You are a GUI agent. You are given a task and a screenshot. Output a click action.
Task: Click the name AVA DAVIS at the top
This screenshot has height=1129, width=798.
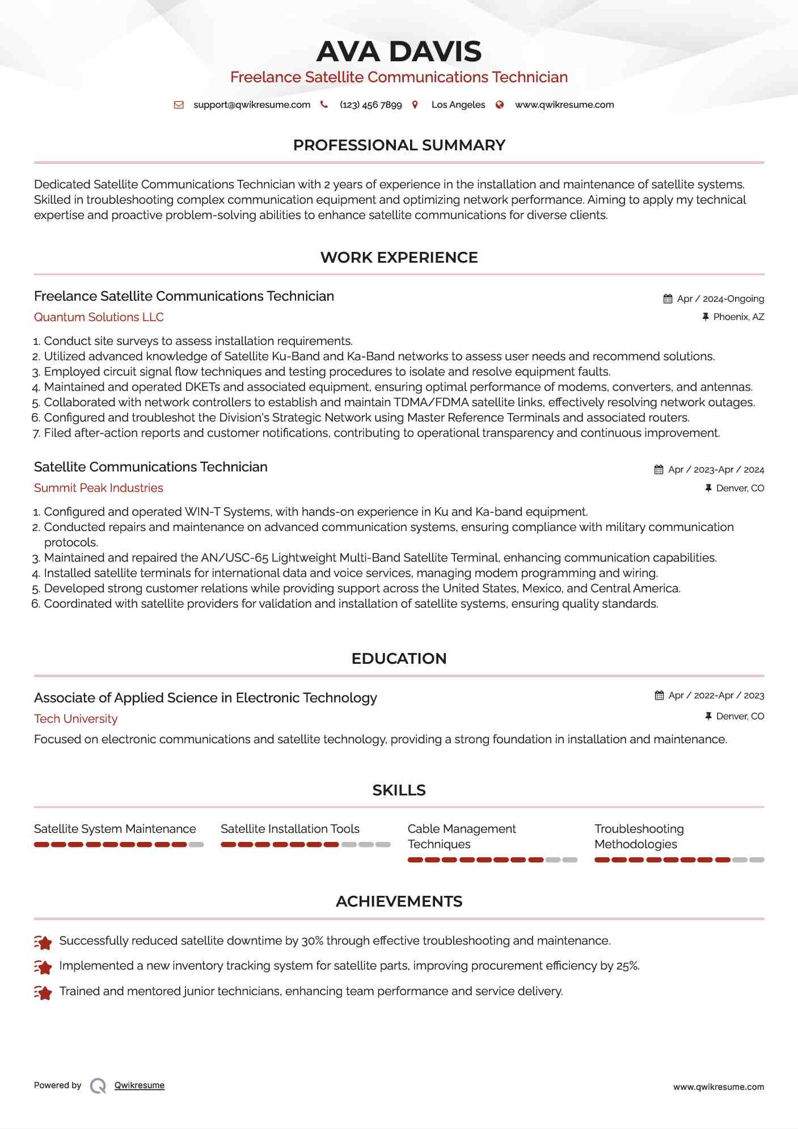pyautogui.click(x=399, y=52)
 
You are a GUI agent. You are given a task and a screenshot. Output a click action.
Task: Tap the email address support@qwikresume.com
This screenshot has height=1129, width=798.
pyautogui.click(x=252, y=105)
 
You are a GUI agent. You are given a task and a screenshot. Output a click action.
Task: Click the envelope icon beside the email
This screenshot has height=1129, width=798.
pyautogui.click(x=179, y=105)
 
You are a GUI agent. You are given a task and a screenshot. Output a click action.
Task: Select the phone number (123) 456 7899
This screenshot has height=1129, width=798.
pyautogui.click(x=370, y=105)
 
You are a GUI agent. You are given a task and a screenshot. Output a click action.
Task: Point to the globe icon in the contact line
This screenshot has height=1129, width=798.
pyautogui.click(x=500, y=105)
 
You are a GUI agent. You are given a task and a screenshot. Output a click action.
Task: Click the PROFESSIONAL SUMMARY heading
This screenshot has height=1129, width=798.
pyautogui.click(x=399, y=145)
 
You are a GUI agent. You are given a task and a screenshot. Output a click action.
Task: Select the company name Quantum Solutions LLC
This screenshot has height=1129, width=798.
pyautogui.click(x=99, y=317)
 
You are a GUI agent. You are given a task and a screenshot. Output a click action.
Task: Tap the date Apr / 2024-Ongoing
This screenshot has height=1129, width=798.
pyautogui.click(x=720, y=299)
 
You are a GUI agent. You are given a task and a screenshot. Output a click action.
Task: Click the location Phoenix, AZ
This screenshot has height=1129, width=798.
pyautogui.click(x=738, y=317)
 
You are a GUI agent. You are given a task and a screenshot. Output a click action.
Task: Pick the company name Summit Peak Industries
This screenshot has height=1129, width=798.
pyautogui.click(x=99, y=488)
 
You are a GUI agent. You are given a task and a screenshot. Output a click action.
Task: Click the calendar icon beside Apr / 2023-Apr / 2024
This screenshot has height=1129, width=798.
pyautogui.click(x=658, y=470)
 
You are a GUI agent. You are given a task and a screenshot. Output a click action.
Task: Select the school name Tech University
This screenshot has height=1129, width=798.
pyautogui.click(x=76, y=719)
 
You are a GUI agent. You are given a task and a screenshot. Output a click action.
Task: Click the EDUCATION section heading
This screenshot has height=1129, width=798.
pyautogui.click(x=399, y=659)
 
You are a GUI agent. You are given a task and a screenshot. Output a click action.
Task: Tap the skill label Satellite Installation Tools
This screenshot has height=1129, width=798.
pyautogui.click(x=290, y=829)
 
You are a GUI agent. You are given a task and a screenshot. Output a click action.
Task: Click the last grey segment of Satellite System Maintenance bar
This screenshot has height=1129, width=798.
pyautogui.click(x=196, y=845)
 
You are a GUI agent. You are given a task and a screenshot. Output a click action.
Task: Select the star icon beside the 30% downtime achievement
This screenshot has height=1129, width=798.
pyautogui.click(x=43, y=942)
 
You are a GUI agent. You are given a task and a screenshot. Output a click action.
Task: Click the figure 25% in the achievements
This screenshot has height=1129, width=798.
pyautogui.click(x=627, y=966)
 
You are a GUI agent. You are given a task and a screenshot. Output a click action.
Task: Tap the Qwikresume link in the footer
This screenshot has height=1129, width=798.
pyautogui.click(x=140, y=1085)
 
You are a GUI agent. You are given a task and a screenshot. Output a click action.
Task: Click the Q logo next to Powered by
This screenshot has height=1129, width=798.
pyautogui.click(x=98, y=1086)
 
